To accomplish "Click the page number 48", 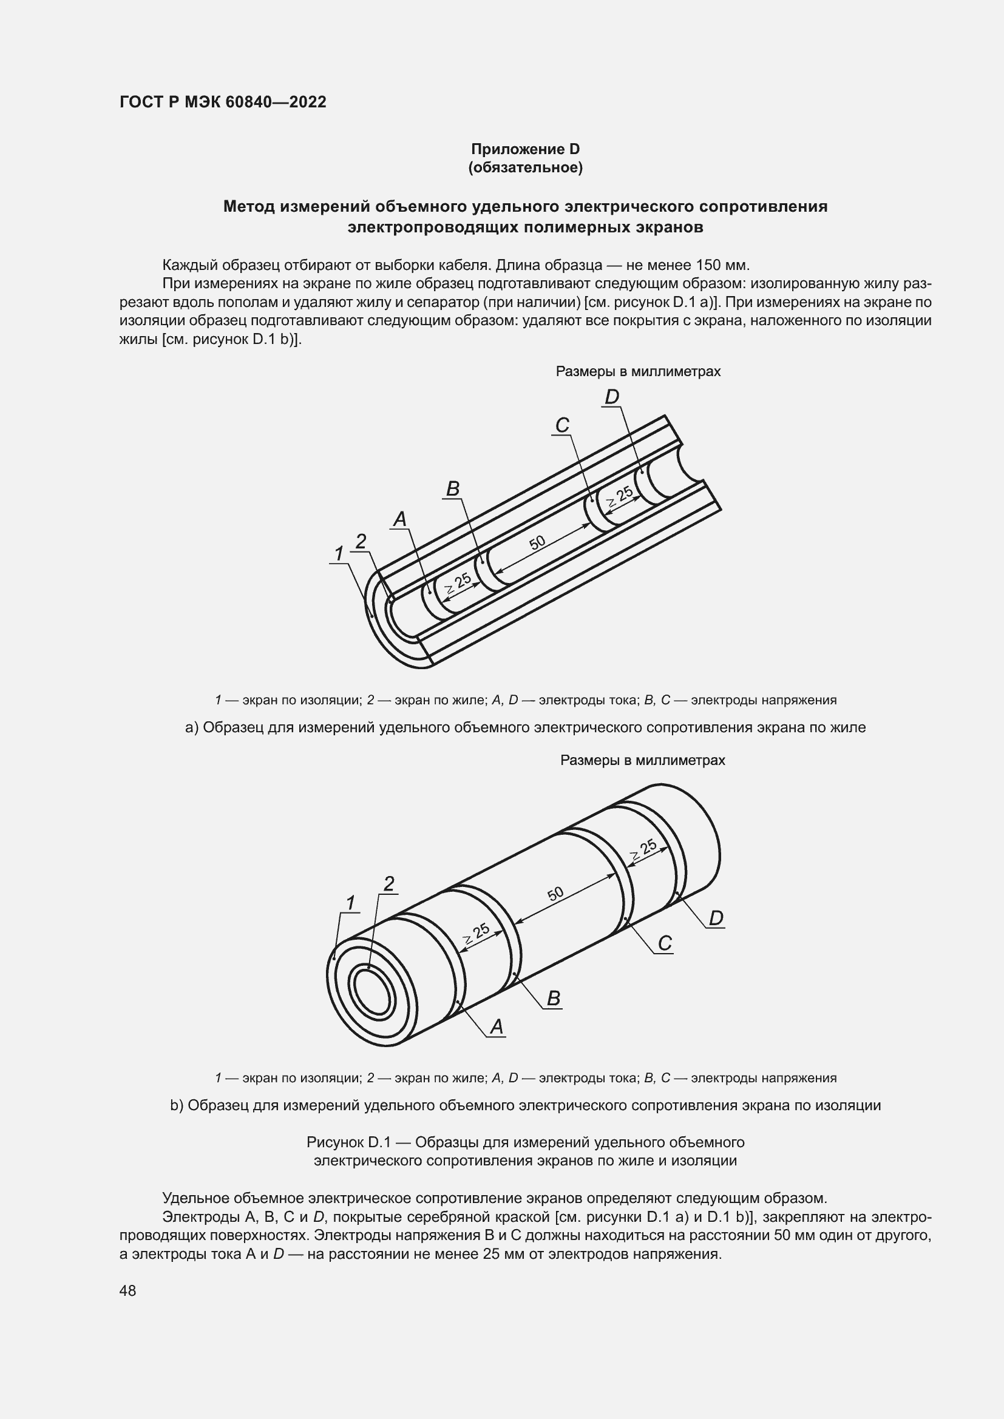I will [x=128, y=1290].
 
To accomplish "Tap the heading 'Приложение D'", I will [x=526, y=149].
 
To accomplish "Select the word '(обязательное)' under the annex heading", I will [x=526, y=167].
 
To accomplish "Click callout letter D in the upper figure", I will [x=611, y=397].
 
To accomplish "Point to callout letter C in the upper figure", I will [x=562, y=425].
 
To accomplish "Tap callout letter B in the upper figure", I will [x=453, y=489].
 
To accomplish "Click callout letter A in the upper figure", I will [x=400, y=519].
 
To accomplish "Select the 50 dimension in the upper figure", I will [x=537, y=542].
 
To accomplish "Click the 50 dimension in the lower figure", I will [x=555, y=894].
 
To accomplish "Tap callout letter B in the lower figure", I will [x=554, y=998].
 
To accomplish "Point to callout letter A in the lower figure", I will [x=497, y=1026].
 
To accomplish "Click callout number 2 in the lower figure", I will [x=388, y=885].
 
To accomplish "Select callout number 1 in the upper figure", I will [x=339, y=554].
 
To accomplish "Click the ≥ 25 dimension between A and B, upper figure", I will [x=458, y=584].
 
